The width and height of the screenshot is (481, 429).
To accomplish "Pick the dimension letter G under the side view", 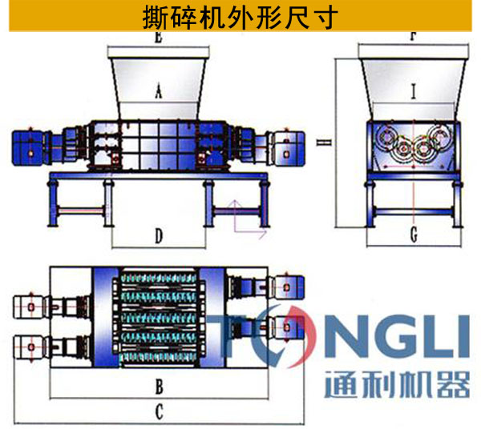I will (x=414, y=235).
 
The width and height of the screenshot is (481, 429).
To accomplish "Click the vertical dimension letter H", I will (x=319, y=144).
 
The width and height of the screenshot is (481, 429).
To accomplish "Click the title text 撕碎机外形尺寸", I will (x=240, y=16).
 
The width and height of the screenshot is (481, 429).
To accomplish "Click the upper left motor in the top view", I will (x=32, y=307).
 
